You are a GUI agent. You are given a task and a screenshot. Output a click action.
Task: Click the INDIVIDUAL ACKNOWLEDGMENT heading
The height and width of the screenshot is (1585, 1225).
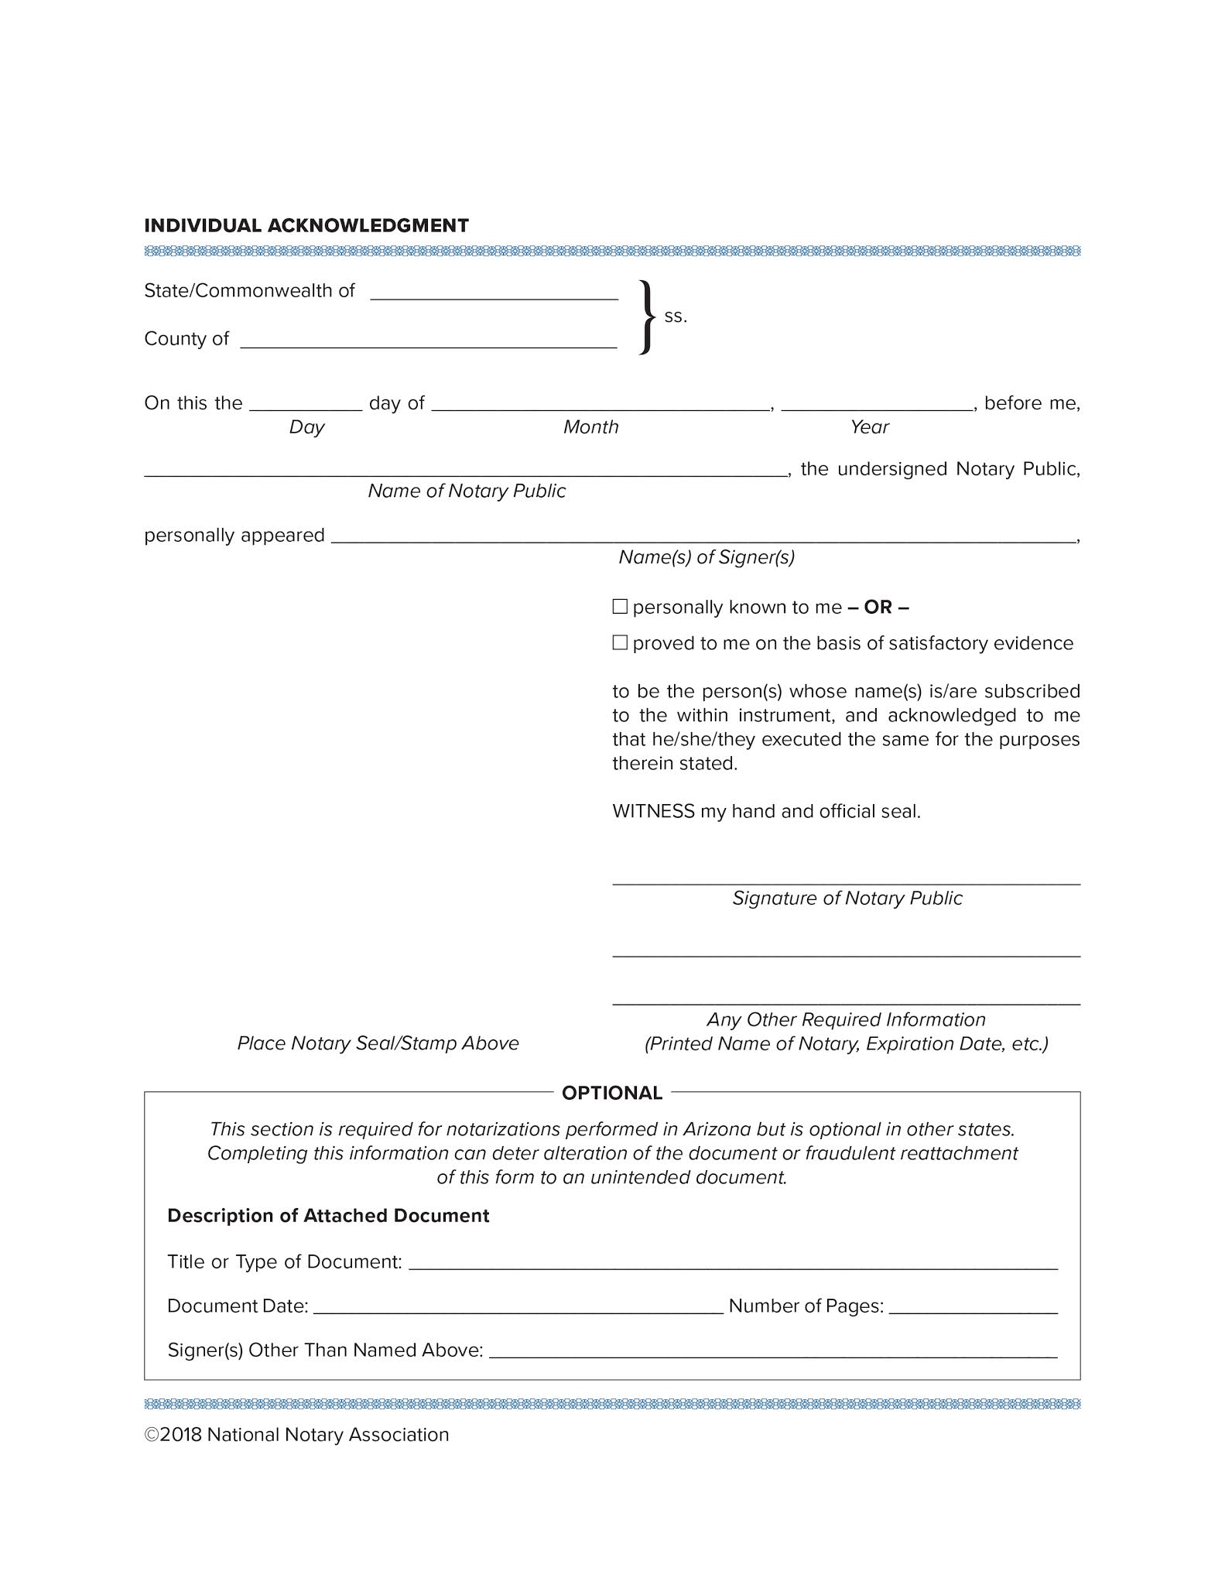pyautogui.click(x=306, y=225)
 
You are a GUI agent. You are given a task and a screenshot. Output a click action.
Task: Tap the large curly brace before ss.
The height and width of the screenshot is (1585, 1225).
pyautogui.click(x=647, y=317)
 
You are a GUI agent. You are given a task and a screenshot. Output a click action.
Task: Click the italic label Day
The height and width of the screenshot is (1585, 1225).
pyautogui.click(x=306, y=427)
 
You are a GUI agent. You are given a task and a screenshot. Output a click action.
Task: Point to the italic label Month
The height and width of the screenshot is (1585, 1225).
pyautogui.click(x=590, y=427)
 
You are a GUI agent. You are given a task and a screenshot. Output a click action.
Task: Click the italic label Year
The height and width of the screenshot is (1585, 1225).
pyautogui.click(x=869, y=427)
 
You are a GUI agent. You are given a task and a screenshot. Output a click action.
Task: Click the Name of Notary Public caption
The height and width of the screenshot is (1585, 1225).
pyautogui.click(x=467, y=491)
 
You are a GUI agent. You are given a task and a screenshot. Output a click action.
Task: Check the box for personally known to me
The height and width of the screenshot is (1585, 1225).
pyautogui.click(x=620, y=607)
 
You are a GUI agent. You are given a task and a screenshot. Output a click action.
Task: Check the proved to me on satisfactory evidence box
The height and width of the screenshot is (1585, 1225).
pyautogui.click(x=620, y=642)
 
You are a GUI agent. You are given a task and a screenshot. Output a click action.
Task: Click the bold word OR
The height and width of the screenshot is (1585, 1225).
pyautogui.click(x=878, y=607)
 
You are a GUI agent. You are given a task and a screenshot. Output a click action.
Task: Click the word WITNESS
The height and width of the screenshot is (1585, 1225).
pyautogui.click(x=653, y=811)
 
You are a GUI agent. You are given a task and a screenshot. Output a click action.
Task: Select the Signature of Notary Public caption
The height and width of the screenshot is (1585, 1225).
pyautogui.click(x=847, y=898)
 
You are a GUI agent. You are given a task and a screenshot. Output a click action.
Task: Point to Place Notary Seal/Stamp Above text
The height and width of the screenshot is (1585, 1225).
pyautogui.click(x=378, y=1043)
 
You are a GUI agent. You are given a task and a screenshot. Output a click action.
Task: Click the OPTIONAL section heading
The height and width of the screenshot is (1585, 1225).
pyautogui.click(x=612, y=1093)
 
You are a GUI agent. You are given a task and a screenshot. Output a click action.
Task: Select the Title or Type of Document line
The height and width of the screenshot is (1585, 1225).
pyautogui.click(x=732, y=1262)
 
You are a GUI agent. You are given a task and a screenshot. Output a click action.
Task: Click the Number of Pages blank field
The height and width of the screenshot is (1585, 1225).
pyautogui.click(x=973, y=1306)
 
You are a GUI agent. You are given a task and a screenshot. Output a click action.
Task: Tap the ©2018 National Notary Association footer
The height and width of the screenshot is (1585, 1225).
pyautogui.click(x=297, y=1434)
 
